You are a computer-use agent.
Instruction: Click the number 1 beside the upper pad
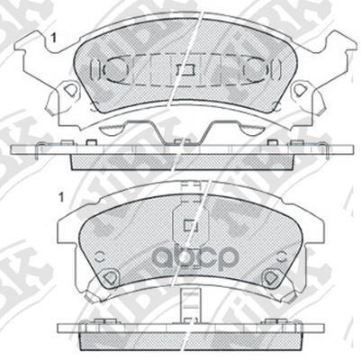point(56,37)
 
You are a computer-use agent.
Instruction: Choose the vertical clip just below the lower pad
point(188,305)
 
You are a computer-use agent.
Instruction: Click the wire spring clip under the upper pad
point(180,129)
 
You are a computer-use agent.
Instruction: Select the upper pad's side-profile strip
point(180,153)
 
